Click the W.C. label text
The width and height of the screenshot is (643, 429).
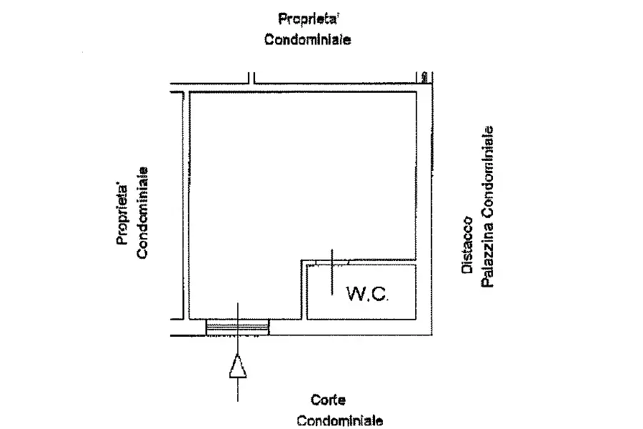point(367,294)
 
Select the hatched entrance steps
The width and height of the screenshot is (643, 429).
point(237,327)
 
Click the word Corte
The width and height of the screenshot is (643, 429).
point(328,400)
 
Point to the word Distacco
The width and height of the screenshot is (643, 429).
point(467,245)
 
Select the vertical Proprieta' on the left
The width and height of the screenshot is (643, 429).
point(122,215)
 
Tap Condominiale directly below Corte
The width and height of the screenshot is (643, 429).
point(340,421)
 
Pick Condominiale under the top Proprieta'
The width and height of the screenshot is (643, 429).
point(307,39)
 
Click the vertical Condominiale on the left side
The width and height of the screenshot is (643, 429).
point(142,212)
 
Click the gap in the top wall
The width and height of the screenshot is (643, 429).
point(251,78)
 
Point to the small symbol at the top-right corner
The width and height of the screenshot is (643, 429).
point(424,77)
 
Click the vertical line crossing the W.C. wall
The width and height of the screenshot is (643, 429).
point(332,272)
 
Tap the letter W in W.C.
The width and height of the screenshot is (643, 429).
point(354,294)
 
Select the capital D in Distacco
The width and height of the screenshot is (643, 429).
point(467,269)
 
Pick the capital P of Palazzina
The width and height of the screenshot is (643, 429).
point(487,284)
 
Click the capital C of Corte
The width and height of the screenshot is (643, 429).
point(315,400)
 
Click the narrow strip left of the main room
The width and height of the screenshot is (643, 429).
point(176,206)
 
